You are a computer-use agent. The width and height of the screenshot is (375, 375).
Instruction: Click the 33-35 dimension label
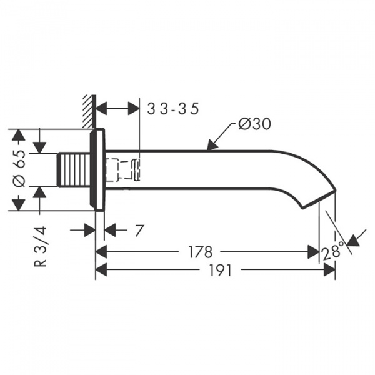pos(173,109)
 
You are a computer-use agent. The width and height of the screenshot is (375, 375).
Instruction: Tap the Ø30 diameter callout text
pos(255,124)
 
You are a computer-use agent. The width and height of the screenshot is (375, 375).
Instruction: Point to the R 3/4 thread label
pos(40,247)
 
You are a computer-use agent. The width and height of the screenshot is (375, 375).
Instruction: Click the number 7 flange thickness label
pos(139,230)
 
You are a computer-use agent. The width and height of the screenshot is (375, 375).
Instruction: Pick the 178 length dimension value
pos(201,252)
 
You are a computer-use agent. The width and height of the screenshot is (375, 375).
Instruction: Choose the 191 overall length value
pos(221,271)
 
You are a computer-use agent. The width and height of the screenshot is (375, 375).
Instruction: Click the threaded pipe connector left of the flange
pos(74,169)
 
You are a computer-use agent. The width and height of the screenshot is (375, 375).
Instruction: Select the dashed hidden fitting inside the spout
pos(122,169)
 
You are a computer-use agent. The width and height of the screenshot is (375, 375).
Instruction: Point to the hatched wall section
pos(89,111)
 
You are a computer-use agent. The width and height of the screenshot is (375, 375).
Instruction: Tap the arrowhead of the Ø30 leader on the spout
pos(212,145)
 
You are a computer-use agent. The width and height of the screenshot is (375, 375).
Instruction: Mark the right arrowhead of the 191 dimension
pos(329,271)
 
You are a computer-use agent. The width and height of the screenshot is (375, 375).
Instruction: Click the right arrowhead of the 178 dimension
pos(313,252)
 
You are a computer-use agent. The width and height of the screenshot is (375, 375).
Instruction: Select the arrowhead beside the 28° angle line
pos(354,241)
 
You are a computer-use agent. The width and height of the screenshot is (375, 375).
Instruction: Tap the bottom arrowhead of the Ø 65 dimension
pos(18,204)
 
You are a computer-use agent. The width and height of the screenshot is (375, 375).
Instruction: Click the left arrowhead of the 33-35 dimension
pos(101,109)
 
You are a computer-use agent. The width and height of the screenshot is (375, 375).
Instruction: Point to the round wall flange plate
pos(97,170)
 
